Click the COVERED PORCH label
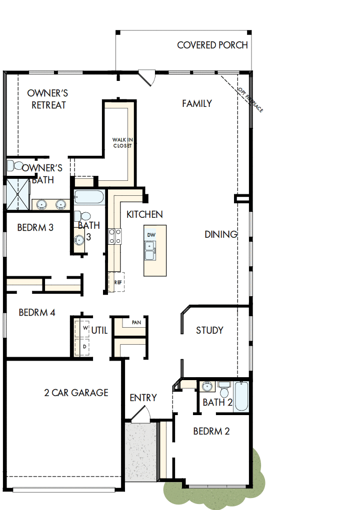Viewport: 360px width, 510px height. [x=212, y=45]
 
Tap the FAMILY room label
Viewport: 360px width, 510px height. [x=197, y=104]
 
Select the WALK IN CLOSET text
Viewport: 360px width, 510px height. [x=122, y=143]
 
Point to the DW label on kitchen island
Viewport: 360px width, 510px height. [x=151, y=234]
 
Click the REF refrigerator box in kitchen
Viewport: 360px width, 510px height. [x=117, y=282]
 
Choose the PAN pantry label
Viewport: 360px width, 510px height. [x=136, y=323]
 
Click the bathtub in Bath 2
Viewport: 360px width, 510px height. [x=241, y=396]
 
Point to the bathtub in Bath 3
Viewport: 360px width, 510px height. [x=89, y=197]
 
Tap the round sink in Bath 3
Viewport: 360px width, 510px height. [x=79, y=240]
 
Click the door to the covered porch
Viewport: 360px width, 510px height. [x=146, y=77]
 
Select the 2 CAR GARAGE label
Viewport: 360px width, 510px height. [x=76, y=393]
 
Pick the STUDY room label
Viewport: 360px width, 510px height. [x=209, y=330]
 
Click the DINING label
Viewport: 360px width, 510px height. [x=220, y=234]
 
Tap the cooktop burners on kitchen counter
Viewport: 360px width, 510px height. [x=115, y=236]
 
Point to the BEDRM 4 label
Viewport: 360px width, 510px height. [x=36, y=313]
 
